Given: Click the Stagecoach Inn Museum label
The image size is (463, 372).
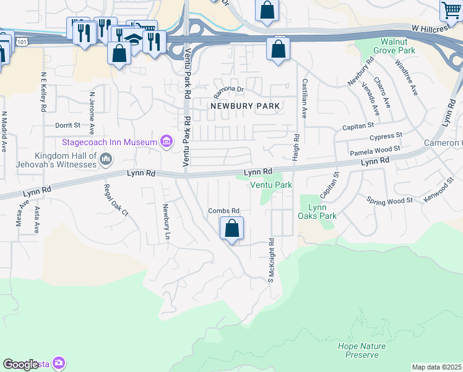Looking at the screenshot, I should (x=110, y=142).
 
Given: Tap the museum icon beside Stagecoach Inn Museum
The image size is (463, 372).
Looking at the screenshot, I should (x=166, y=143).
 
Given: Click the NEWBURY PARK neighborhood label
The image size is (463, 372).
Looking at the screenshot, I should (x=245, y=106).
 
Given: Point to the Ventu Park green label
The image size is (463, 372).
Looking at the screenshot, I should (x=270, y=185).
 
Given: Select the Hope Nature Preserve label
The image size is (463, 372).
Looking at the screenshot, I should (x=362, y=350).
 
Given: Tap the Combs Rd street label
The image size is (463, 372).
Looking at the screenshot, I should (x=223, y=211).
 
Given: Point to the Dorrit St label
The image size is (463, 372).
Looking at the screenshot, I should (x=68, y=125).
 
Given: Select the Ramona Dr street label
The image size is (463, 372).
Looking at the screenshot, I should (x=229, y=92).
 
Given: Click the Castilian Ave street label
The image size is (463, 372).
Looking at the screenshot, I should (x=304, y=98).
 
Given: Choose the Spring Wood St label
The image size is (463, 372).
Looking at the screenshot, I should (x=389, y=201).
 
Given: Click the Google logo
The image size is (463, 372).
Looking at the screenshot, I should (x=20, y=365).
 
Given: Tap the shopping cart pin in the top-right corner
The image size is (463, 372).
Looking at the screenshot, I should (x=451, y=10).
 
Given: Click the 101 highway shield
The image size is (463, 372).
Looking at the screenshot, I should (x=22, y=42).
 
